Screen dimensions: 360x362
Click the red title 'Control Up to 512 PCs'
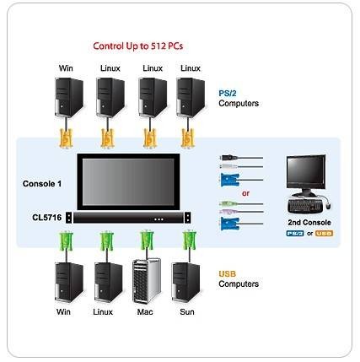click(138, 46)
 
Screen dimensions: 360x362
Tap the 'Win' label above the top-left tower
click(66, 68)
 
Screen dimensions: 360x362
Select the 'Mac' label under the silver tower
click(145, 311)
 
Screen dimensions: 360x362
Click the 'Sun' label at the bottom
click(187, 311)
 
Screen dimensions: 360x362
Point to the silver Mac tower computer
click(147, 281)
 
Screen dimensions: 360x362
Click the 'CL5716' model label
click(46, 218)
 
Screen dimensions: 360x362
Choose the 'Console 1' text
click(42, 184)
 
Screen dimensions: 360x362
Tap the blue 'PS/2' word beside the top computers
click(228, 94)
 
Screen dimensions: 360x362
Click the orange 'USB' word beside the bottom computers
click(228, 273)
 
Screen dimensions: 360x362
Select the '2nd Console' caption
click(309, 222)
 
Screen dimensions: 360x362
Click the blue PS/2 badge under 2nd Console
click(295, 233)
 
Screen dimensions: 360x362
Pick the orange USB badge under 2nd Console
click(324, 233)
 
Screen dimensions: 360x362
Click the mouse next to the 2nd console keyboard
click(328, 205)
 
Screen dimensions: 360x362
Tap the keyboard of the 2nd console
click(305, 206)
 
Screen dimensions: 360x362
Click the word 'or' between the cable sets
click(245, 193)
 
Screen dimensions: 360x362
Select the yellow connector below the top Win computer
click(66, 138)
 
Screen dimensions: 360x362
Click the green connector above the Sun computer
click(189, 240)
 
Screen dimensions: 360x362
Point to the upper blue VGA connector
click(230, 180)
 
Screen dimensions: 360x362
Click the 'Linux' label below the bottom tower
click(103, 311)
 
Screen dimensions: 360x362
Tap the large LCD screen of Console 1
click(128, 182)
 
